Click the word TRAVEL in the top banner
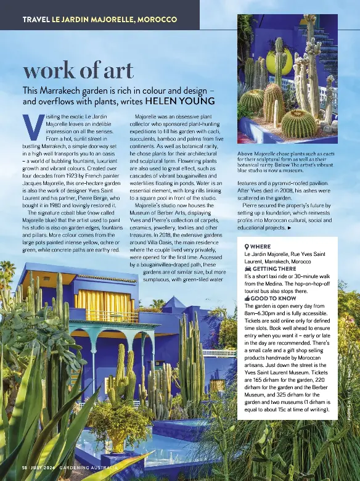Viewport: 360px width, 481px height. (36, 20)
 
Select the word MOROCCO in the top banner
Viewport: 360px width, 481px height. (157, 20)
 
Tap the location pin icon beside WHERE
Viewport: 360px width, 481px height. (247, 246)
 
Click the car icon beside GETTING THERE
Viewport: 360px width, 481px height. (247, 269)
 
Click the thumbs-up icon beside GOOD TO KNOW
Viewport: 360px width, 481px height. (247, 298)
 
